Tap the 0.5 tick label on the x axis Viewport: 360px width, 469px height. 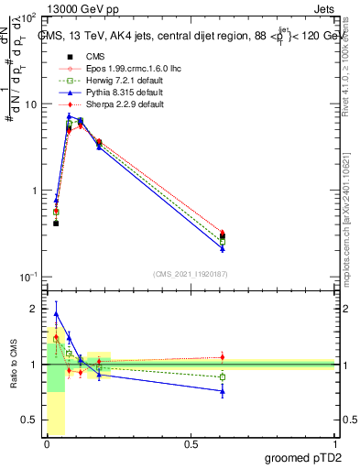pyautogui.click(x=191, y=444)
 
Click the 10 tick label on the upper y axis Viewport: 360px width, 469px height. pyautogui.click(x=29, y=104)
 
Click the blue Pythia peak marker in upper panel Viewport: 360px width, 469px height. pyautogui.click(x=69, y=116)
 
